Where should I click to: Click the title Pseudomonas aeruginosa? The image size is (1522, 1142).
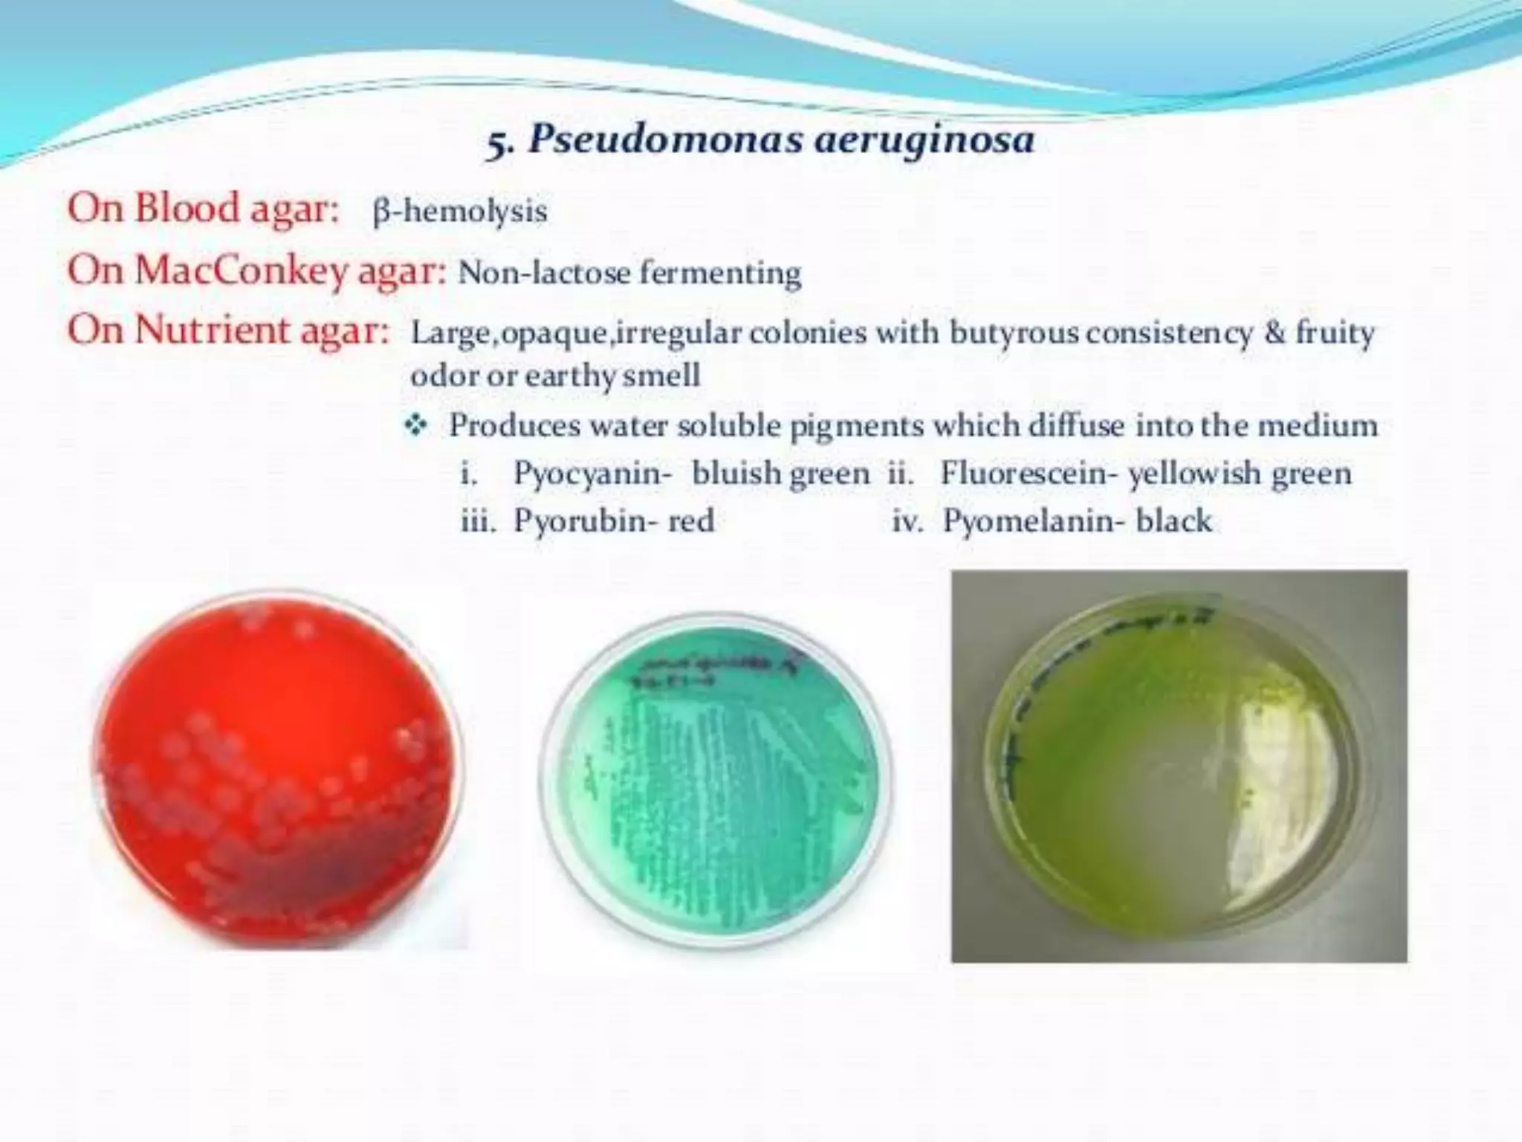click(780, 140)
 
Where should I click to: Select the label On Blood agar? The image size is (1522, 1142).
click(202, 209)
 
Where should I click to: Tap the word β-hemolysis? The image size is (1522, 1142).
click(459, 211)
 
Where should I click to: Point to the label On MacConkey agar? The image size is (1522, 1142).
click(256, 271)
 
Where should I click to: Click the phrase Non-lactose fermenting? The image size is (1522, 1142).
click(629, 273)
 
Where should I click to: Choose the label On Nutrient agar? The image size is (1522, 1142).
click(228, 331)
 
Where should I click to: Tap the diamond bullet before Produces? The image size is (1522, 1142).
click(416, 426)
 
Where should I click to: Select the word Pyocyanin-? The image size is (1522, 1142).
click(592, 474)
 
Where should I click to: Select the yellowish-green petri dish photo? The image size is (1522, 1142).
click(1178, 766)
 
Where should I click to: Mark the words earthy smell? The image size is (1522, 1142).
click(612, 375)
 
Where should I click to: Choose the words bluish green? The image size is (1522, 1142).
click(780, 474)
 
